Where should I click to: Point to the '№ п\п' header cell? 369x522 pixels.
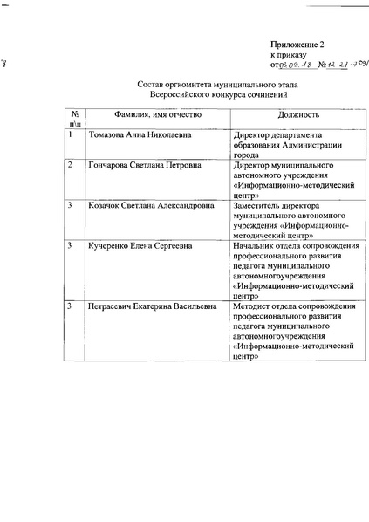click(x=76, y=120)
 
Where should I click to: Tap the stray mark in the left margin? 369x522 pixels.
click(x=6, y=62)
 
